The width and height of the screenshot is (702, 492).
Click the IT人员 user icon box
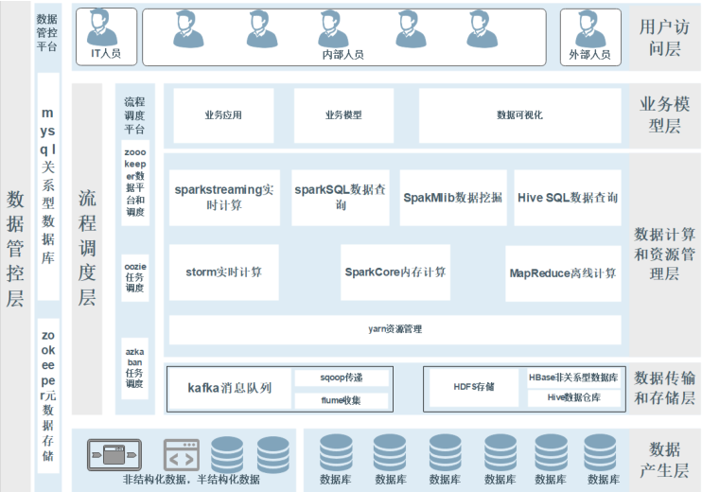point(105,37)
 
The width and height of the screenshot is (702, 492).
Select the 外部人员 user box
point(589,37)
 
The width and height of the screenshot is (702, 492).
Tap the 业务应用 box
point(223,115)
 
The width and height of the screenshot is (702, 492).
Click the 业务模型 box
point(342,115)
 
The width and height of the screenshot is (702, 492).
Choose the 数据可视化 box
point(519,115)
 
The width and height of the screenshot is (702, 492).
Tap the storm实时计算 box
point(224,272)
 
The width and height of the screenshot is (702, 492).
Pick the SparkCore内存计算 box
point(395,272)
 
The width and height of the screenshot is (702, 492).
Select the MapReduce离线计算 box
point(563,272)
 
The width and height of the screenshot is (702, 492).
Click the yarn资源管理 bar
point(395,329)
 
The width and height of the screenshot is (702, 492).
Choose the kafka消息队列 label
point(229,388)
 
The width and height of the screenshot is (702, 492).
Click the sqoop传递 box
point(340,378)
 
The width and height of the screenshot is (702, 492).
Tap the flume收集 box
point(340,400)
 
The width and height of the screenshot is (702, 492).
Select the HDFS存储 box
point(474,387)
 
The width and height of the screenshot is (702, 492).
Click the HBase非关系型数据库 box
point(573,378)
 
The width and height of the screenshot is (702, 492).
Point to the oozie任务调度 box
point(135,277)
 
